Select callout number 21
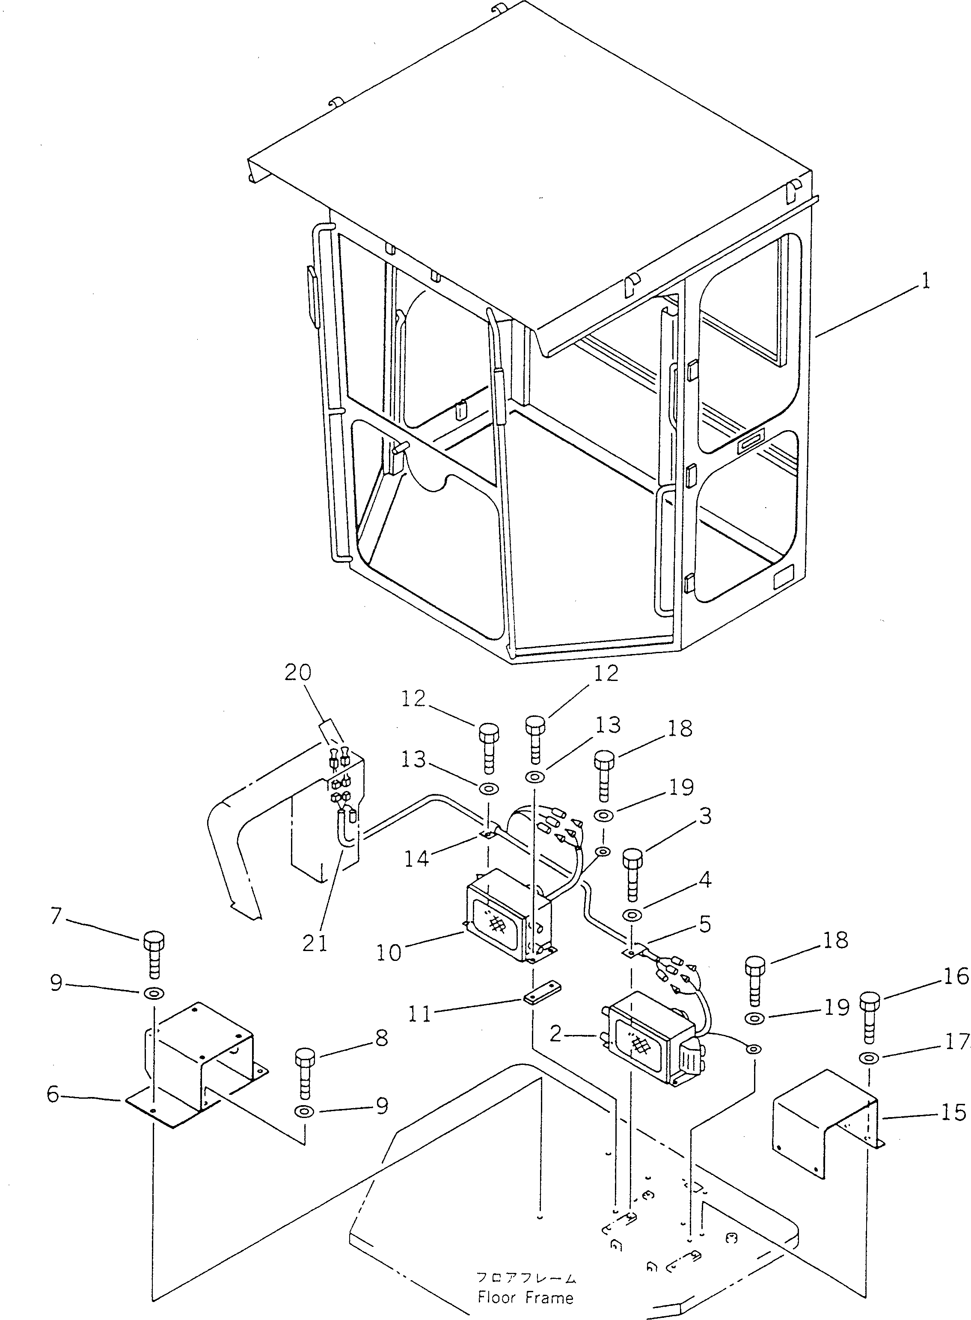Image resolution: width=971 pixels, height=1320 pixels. pos(316,942)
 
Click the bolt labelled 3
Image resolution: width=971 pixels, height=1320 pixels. pos(632,880)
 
